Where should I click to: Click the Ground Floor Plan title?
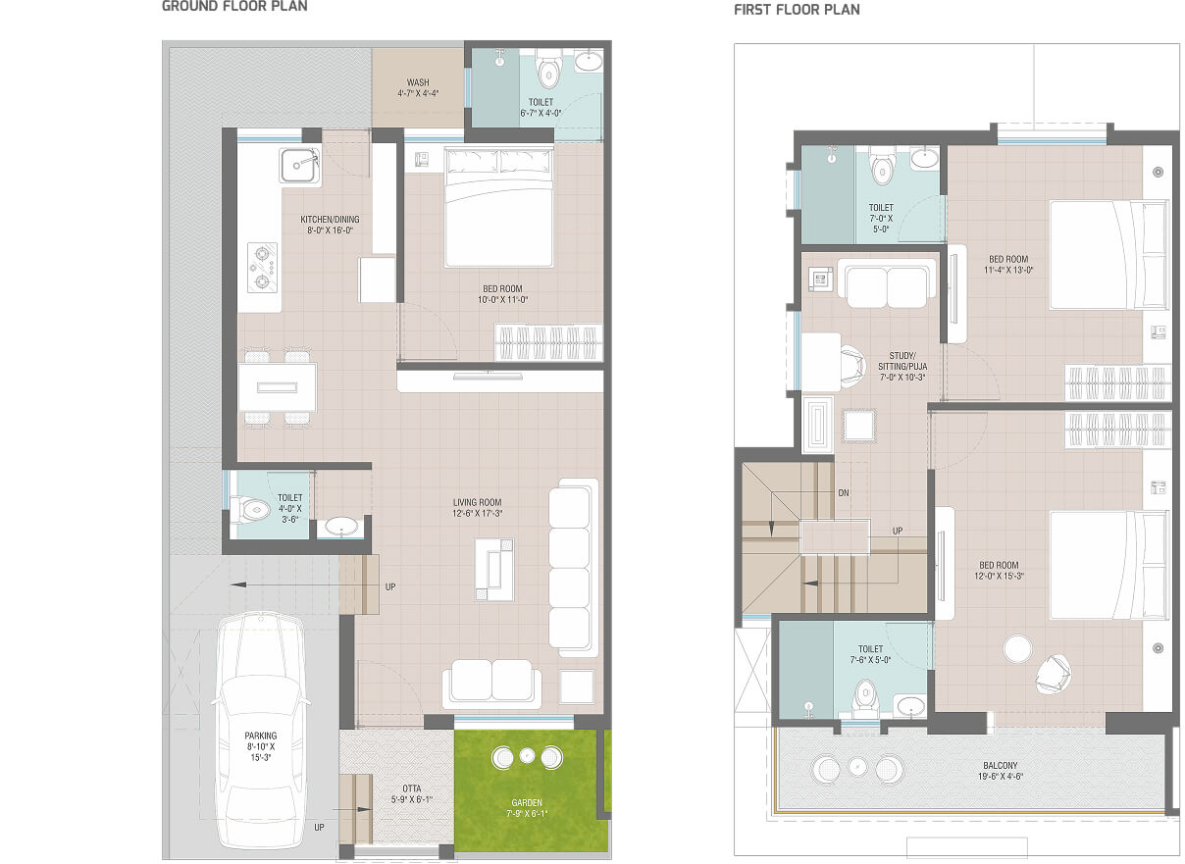tap(234, 6)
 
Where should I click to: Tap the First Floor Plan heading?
tap(797, 10)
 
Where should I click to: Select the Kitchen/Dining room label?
tap(331, 225)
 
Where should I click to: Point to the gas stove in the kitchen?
tap(262, 268)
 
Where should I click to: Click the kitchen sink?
tap(299, 166)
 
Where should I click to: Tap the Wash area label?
tap(418, 88)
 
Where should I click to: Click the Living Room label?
tap(477, 508)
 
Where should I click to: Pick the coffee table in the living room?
tap(494, 570)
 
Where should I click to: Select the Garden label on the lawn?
tap(527, 807)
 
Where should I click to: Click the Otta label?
tap(412, 793)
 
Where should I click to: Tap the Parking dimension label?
tap(261, 746)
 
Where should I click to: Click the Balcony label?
tap(1001, 771)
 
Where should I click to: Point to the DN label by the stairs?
tap(844, 493)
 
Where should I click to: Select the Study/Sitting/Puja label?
tap(902, 367)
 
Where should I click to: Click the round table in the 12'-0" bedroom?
tap(1017, 649)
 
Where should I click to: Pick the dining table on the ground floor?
tap(278, 387)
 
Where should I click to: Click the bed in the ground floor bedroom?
tap(499, 207)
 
